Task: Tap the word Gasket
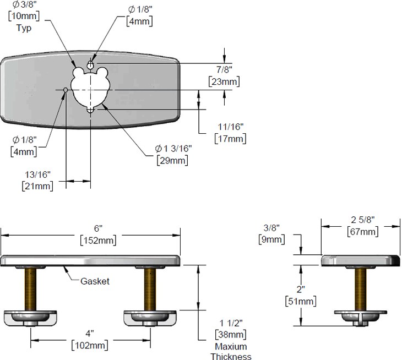[95, 281]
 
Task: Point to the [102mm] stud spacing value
[90, 345]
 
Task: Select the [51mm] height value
[300, 301]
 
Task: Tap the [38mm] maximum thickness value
[230, 335]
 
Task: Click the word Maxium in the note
[230, 346]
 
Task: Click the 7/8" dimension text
[224, 69]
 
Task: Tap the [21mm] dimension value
[37, 186]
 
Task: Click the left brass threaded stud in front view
[40, 288]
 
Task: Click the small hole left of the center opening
[66, 89]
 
